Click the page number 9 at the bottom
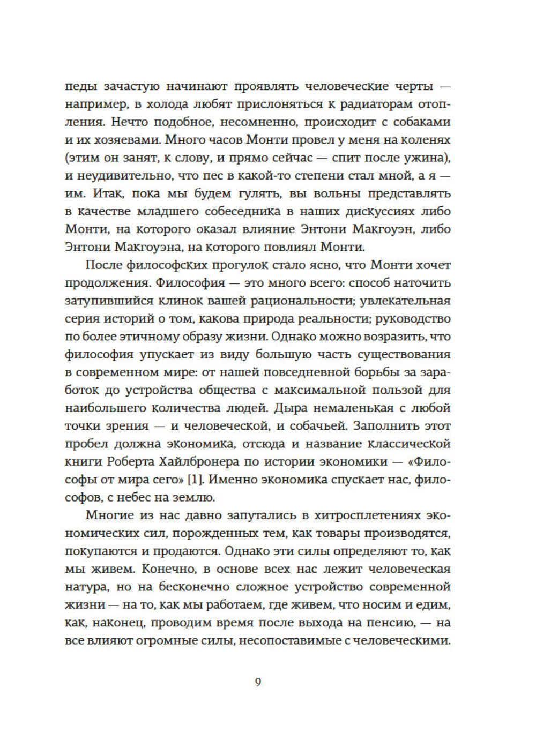[258, 682]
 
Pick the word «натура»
[86, 587]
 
